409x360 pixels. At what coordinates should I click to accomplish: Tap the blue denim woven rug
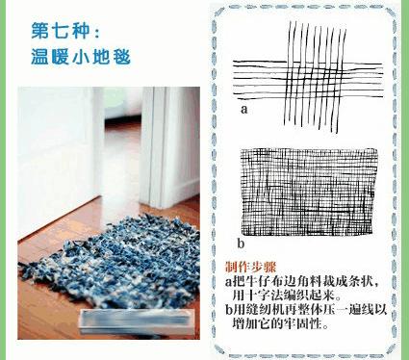coord(125,270)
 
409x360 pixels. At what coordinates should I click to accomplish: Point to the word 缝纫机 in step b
coord(265,310)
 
